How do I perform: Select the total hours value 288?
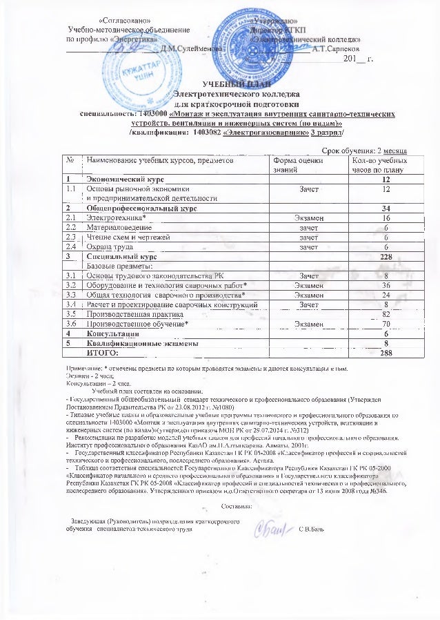point(386,352)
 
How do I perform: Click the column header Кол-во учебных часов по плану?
point(376,164)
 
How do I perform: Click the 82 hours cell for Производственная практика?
point(386,313)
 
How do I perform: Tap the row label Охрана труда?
point(110,246)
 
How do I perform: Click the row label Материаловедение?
point(119,226)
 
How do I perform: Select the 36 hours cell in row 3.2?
point(386,284)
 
